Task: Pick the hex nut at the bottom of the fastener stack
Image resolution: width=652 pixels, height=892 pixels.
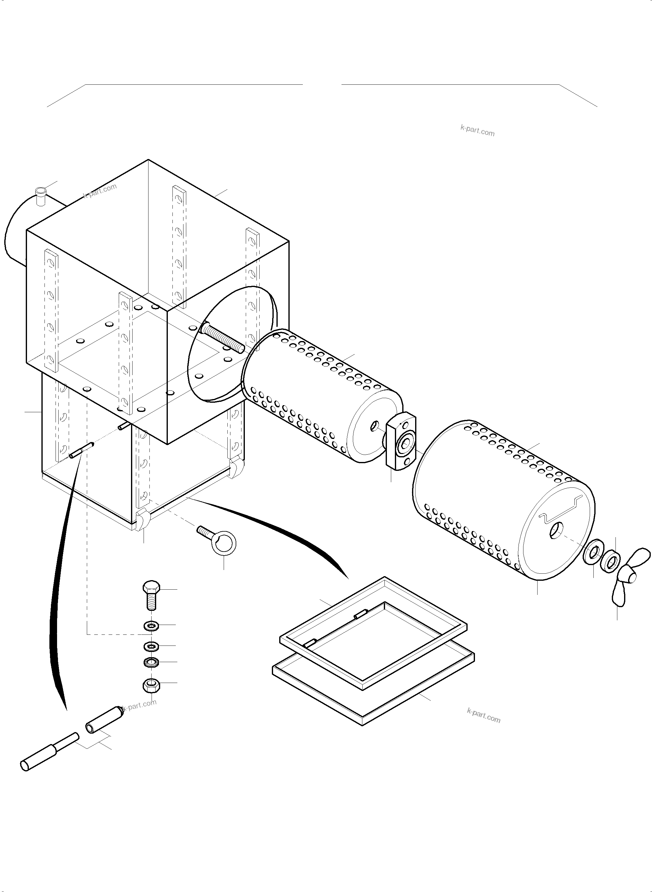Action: coord(151,685)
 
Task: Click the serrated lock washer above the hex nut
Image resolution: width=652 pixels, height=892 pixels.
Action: coord(151,662)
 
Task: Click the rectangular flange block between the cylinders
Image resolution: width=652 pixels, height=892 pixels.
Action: coord(401,441)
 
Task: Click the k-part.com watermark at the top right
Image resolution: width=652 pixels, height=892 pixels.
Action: coord(477,130)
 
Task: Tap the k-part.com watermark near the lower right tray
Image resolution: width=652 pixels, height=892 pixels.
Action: coord(484,716)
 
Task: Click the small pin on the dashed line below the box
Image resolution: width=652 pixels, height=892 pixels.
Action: coord(81,450)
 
